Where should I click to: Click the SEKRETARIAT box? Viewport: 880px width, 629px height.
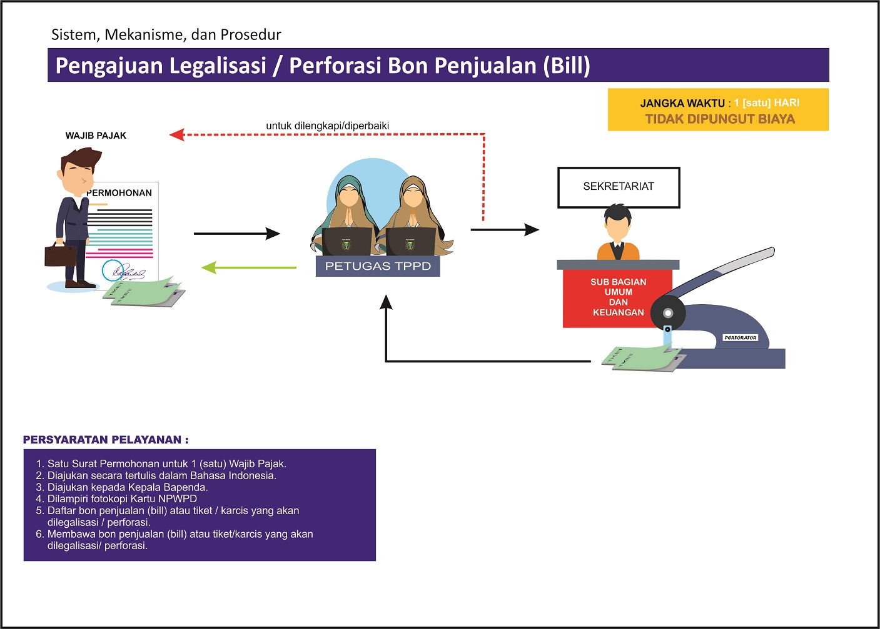(618, 187)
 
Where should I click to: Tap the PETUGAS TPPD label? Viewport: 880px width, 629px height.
(378, 266)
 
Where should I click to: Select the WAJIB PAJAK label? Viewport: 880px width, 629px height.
(96, 136)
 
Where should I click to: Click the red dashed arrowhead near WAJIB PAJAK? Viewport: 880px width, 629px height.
(177, 134)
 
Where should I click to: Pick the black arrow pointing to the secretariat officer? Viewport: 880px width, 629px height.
(504, 230)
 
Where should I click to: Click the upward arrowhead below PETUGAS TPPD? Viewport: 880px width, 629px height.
(386, 302)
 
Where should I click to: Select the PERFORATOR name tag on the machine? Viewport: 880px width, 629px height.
(740, 337)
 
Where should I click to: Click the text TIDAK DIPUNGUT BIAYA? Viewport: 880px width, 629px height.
(719, 119)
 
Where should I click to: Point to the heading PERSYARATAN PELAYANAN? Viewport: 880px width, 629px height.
(105, 440)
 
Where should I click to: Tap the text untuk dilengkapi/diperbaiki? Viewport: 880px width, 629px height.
(327, 126)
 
